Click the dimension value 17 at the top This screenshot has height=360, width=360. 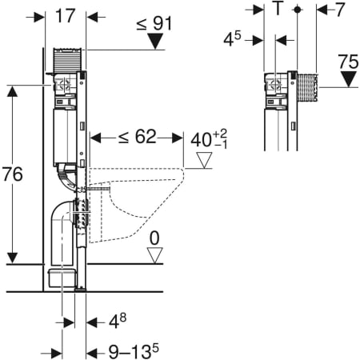tap(66, 16)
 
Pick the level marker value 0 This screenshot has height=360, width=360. tap(154, 238)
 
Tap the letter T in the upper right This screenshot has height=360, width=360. tap(277, 10)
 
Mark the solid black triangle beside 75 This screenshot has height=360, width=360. tap(346, 78)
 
